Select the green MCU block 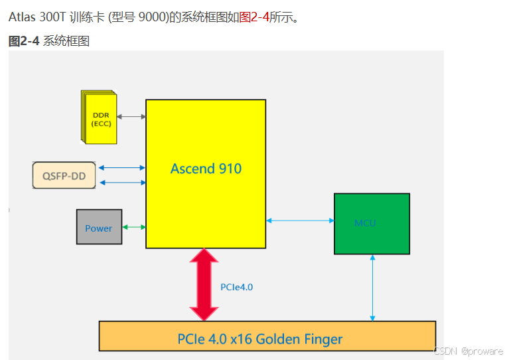[x=372, y=223]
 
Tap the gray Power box [x=99, y=227]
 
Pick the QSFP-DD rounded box [x=64, y=175]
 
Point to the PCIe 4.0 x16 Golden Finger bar [x=267, y=336]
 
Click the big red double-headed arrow [x=204, y=284]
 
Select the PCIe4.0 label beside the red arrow [x=236, y=287]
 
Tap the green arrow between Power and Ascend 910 [x=134, y=227]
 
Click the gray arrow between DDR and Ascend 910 [x=131, y=117]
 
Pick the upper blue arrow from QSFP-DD [x=121, y=168]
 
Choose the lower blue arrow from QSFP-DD [x=121, y=181]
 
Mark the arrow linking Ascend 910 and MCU [x=300, y=221]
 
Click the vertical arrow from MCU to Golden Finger [x=373, y=288]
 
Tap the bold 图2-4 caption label [x=24, y=41]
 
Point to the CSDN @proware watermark [x=468, y=350]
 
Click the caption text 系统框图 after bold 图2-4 [x=66, y=41]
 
